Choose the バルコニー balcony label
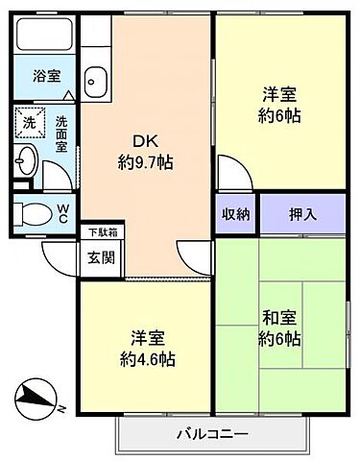(x=212, y=433)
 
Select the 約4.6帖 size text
(x=148, y=359)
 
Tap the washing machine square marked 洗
(x=28, y=123)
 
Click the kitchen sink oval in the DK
(x=95, y=80)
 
